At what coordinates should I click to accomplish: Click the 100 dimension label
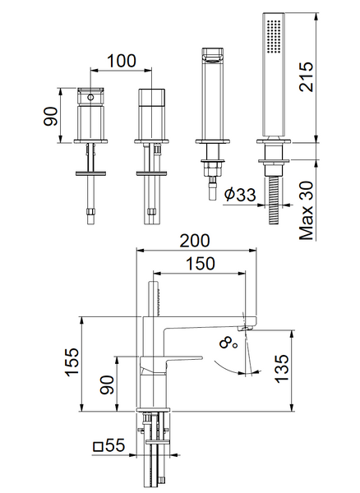pos(122,61)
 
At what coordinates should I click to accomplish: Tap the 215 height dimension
pos(307,77)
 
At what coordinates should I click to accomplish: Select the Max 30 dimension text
pos(307,210)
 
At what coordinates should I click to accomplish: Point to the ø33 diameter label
pos(240,194)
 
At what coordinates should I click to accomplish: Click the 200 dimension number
pos(194,241)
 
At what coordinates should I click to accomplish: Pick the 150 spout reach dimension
pos(201,264)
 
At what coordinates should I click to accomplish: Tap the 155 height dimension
pos(72,362)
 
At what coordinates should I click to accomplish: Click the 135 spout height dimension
pos(282,368)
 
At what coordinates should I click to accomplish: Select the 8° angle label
pos(228,343)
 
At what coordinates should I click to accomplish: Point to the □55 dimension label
pos(109,445)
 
